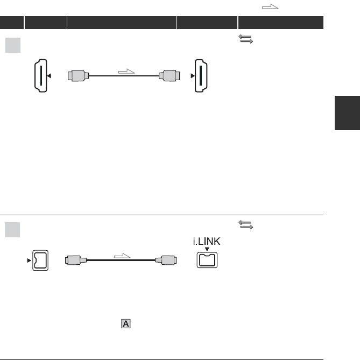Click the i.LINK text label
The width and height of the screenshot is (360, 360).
207,241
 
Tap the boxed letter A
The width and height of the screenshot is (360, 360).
126,324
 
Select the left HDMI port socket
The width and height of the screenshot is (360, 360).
41,76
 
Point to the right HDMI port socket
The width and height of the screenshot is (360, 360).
201,76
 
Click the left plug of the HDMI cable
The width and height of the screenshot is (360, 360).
78,76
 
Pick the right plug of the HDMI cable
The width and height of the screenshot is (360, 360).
170,76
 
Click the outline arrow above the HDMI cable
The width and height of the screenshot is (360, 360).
126,72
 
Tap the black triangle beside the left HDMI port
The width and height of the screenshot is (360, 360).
49,76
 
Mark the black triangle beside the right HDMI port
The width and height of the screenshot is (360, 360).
193,76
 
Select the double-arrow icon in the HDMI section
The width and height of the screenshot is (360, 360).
246,39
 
